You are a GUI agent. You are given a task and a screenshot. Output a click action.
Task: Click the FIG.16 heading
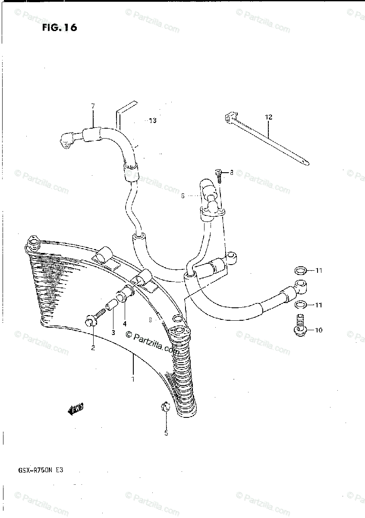[60, 28]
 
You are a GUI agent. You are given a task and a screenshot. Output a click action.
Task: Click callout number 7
[92, 106]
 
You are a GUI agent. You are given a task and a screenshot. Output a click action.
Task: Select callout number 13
[152, 121]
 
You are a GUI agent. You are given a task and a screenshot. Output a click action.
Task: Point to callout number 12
[269, 117]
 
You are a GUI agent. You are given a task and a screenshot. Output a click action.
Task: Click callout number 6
[182, 196]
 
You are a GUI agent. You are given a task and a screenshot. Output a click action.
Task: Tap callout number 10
[318, 331]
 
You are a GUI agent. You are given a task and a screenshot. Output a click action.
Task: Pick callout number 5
[166, 433]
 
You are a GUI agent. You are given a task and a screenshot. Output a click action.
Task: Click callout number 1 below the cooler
[133, 379]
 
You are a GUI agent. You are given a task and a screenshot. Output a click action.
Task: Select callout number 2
[92, 348]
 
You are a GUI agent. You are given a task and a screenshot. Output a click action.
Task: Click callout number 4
[125, 324]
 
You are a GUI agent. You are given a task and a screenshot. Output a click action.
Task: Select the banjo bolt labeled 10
[301, 325]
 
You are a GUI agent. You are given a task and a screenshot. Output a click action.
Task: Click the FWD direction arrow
[76, 409]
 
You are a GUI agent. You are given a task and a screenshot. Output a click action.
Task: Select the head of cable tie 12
[230, 117]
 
